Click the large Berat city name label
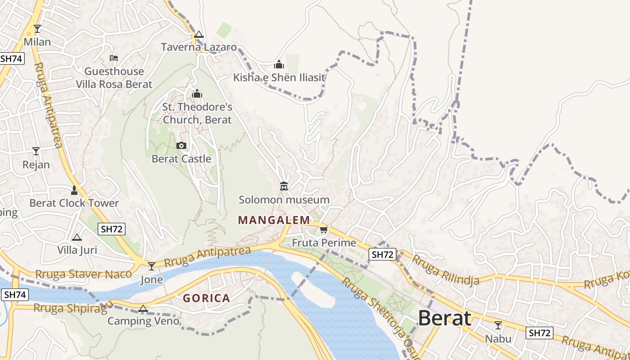(445, 318)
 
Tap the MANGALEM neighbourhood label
(274, 220)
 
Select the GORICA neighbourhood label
(206, 298)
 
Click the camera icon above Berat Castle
(181, 145)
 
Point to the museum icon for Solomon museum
(284, 186)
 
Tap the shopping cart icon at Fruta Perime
(324, 230)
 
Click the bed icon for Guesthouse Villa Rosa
(114, 58)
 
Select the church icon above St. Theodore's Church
(197, 94)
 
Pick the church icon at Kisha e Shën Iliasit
(279, 64)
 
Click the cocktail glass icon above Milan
(37, 29)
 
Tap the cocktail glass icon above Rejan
(36, 151)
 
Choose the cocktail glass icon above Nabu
(498, 325)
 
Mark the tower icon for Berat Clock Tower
(74, 190)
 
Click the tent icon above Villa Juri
(77, 237)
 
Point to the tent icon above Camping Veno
(143, 308)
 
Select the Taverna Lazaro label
(199, 47)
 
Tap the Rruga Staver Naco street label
(84, 274)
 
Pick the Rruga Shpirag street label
(71, 308)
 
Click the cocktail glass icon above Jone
(152, 266)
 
